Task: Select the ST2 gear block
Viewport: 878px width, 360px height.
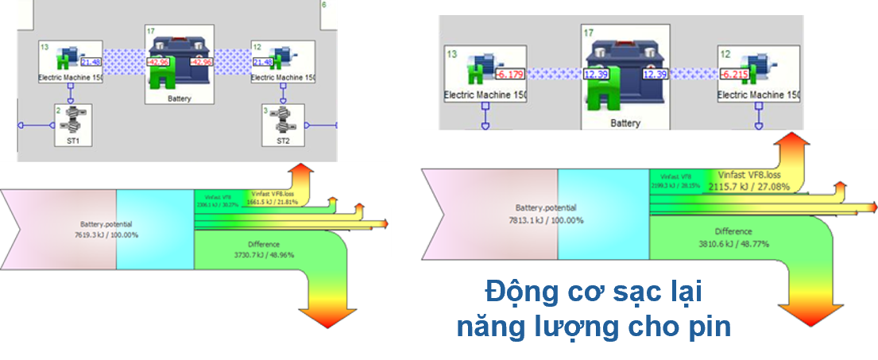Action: click(282, 125)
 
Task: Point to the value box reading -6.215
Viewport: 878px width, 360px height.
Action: click(735, 75)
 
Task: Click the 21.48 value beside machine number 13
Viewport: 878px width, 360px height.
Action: click(91, 62)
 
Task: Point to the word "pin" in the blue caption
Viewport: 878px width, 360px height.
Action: click(709, 327)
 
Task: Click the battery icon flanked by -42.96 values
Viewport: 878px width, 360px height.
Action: click(180, 64)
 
